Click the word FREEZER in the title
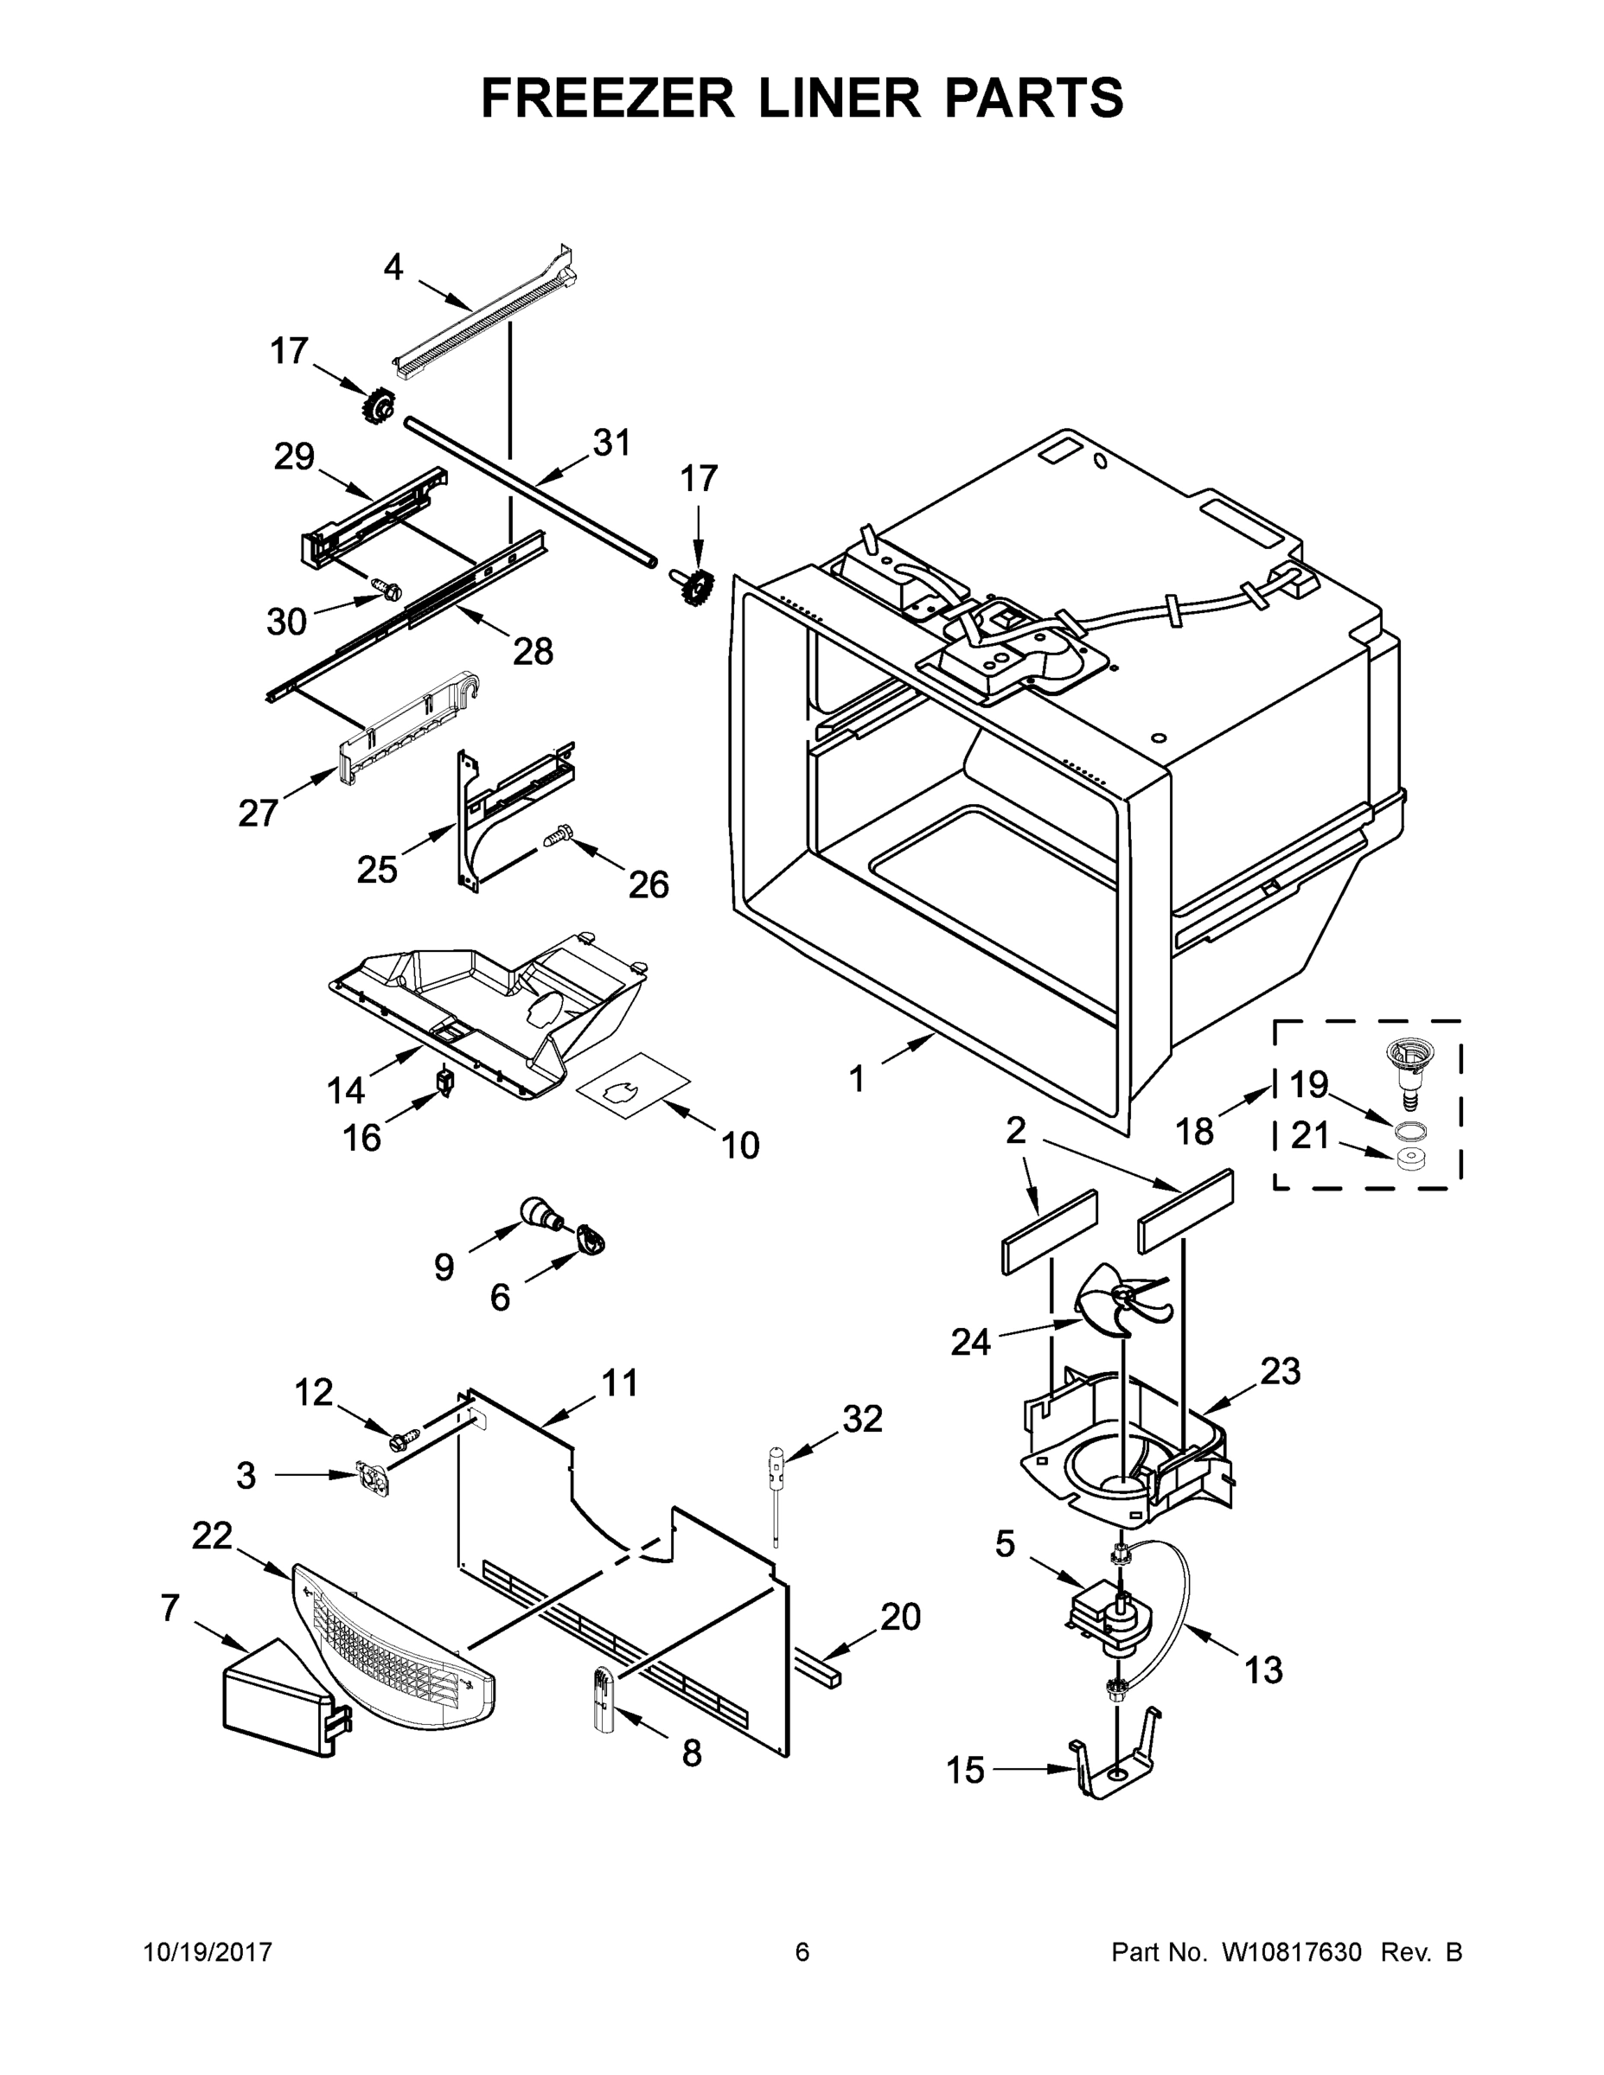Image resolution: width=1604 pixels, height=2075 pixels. click(x=607, y=98)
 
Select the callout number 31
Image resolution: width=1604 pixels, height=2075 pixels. click(x=612, y=443)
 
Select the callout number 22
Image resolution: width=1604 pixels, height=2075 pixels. click(x=212, y=1535)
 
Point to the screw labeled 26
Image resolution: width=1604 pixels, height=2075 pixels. click(x=558, y=836)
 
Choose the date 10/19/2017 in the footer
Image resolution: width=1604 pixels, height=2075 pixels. click(x=208, y=1951)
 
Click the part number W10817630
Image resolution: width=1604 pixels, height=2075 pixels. click(x=1289, y=1951)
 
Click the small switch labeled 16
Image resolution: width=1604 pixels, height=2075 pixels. click(x=444, y=1082)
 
